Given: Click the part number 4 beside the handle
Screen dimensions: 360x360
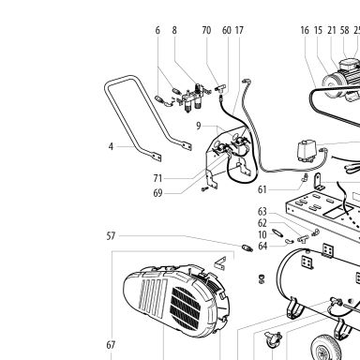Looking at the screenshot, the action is coord(111,146).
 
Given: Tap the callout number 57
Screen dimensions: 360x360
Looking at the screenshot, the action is coord(111,236).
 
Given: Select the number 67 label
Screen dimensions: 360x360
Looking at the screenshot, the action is coord(111,345).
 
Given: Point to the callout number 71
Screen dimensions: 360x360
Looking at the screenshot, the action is coord(157,178).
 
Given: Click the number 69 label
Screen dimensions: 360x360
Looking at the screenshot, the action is coord(157,193).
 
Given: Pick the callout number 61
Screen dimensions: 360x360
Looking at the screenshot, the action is coord(262,189).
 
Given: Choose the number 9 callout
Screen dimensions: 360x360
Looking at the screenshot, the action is coord(199,126).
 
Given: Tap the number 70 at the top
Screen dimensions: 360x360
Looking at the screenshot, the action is coord(206,30).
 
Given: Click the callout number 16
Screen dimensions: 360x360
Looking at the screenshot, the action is coord(305,30).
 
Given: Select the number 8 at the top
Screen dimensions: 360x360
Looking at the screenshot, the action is coord(174,30).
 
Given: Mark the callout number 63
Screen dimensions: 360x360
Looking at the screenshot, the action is coord(262,212).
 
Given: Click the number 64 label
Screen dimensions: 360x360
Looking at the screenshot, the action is coord(262,246).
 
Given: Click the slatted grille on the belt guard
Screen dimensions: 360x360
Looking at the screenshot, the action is coord(186,307).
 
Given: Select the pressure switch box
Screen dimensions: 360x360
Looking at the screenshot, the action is coord(307,151).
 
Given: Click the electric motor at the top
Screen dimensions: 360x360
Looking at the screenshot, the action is coord(341,80).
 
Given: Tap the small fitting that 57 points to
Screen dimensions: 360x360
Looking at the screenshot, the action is coord(247,248).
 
